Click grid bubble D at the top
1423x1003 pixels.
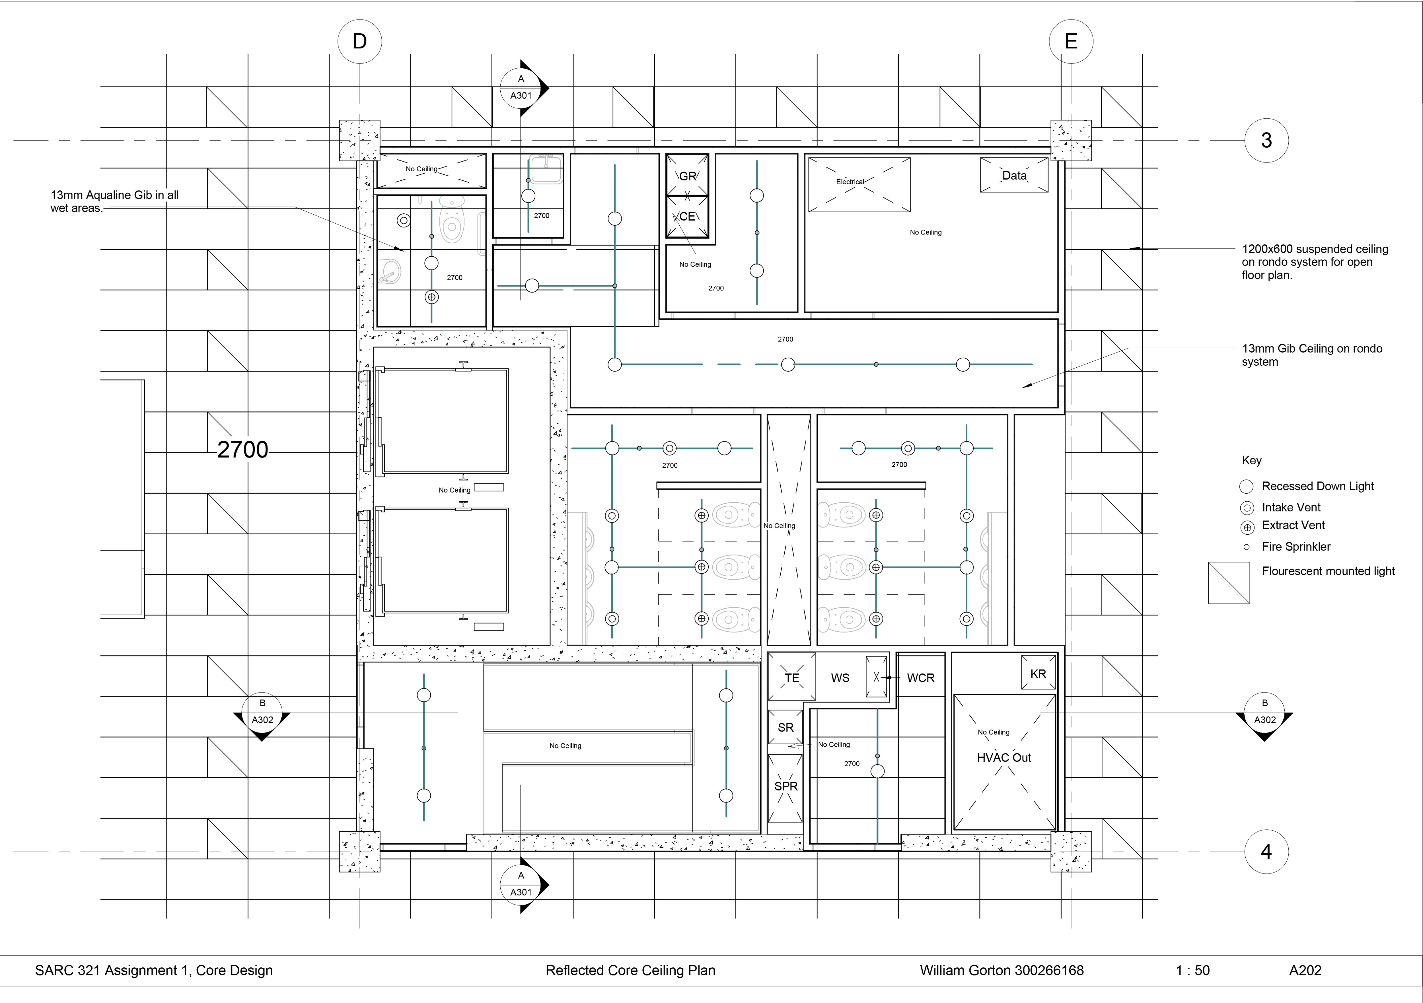pos(359,42)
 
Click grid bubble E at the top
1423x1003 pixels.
pos(1070,42)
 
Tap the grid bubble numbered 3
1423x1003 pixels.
pos(1266,141)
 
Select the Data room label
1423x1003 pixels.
pos(1014,175)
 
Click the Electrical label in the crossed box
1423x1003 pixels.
pos(850,182)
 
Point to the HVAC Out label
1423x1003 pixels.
pos(1003,757)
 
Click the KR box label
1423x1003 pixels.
pos(1038,674)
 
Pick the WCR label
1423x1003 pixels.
pos(920,678)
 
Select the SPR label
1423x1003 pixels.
pos(785,786)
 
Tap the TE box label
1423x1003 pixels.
pos(791,678)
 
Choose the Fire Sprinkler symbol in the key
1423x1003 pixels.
pos(1246,547)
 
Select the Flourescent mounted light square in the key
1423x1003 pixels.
pos(1228,582)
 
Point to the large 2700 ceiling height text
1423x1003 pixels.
pos(242,449)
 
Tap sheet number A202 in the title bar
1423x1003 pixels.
pos(1305,970)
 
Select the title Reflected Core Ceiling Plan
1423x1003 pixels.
pos(630,970)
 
